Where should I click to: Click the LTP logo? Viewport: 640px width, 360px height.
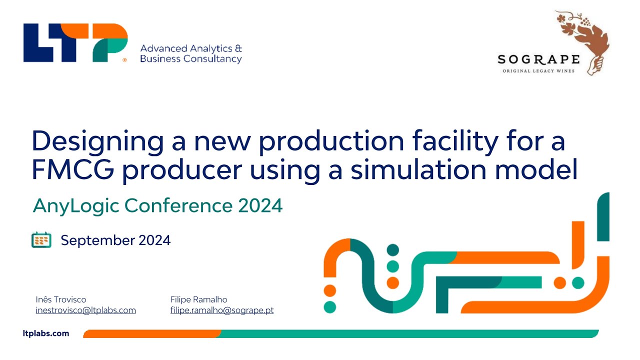(75, 43)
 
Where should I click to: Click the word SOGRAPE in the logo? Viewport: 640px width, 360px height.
(538, 60)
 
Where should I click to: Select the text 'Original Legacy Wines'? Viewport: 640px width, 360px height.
(538, 71)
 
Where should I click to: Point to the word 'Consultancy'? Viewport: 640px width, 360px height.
(212, 59)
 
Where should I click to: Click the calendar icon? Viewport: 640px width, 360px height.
(41, 240)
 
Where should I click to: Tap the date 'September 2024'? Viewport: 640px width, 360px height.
(115, 240)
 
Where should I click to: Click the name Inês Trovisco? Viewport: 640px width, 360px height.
(61, 299)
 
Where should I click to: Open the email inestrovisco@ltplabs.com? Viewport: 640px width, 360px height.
(86, 310)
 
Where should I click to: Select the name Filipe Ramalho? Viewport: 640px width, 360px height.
(199, 299)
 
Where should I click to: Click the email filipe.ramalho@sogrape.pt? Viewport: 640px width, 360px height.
(222, 310)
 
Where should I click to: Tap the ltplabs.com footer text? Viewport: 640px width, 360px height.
(46, 333)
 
